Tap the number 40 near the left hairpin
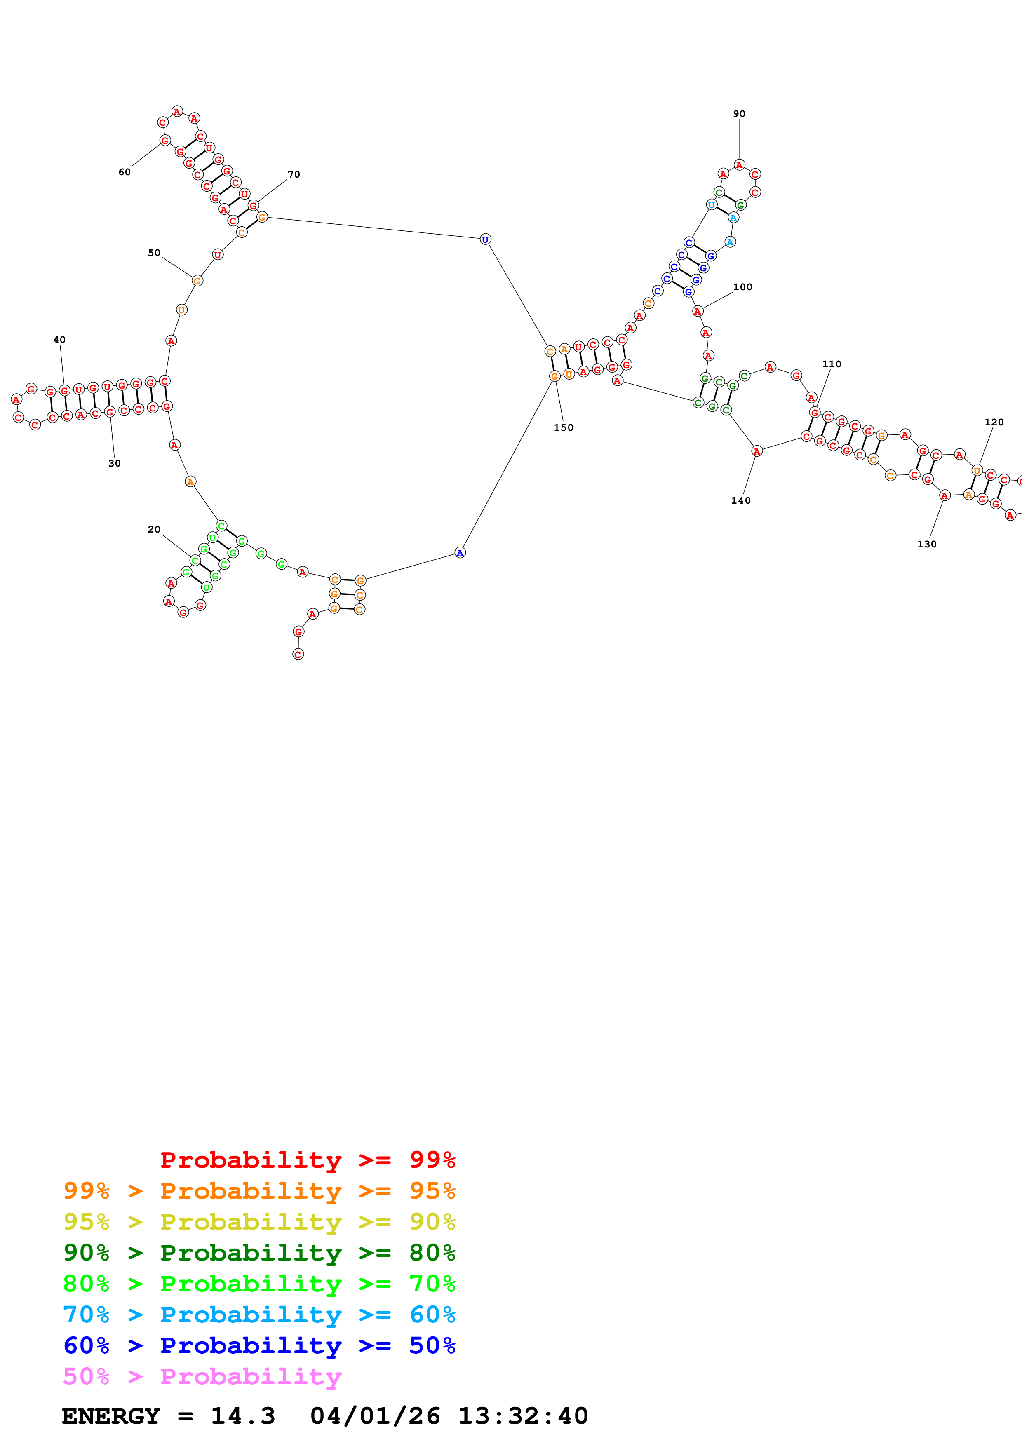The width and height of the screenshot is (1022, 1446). click(x=59, y=340)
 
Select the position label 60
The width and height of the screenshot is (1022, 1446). click(x=125, y=172)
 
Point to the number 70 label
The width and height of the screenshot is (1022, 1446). click(x=294, y=174)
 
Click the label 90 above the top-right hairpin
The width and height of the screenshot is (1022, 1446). click(x=739, y=114)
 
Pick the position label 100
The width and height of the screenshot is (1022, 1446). click(x=742, y=287)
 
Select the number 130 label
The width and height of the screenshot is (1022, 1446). click(x=927, y=544)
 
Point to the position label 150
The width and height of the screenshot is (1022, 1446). click(x=564, y=427)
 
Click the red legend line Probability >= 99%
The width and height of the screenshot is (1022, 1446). click(x=307, y=1160)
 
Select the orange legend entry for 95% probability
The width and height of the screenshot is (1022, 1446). click(x=259, y=1191)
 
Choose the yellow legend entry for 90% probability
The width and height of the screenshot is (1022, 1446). click(x=259, y=1222)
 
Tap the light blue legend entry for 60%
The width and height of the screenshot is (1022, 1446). click(x=259, y=1315)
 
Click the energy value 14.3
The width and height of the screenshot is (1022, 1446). click(x=243, y=1416)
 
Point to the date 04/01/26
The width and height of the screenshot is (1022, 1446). click(x=375, y=1416)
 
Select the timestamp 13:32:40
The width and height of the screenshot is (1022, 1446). click(x=523, y=1416)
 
